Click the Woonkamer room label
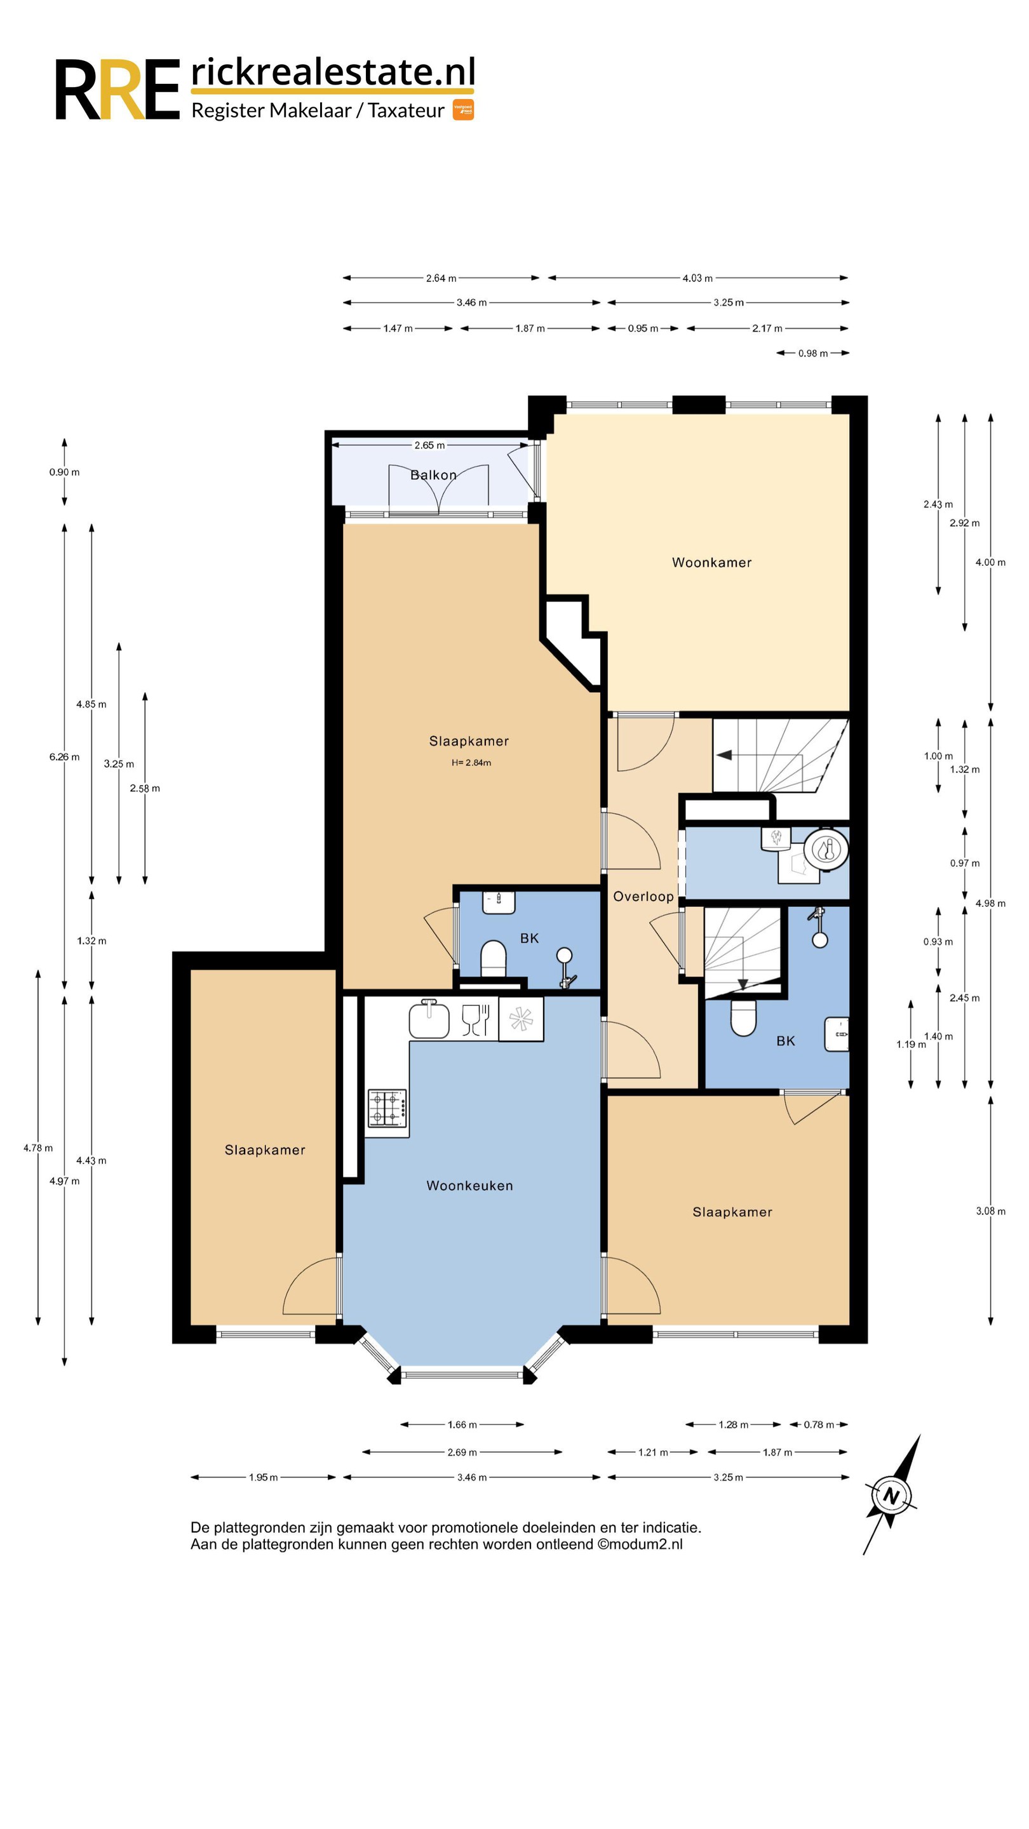pyautogui.click(x=711, y=562)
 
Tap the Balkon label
pyautogui.click(x=433, y=475)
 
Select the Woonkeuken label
pyautogui.click(x=469, y=1185)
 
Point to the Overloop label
pyautogui.click(x=643, y=896)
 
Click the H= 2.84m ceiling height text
pyautogui.click(x=471, y=763)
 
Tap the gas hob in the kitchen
pyautogui.click(x=387, y=1108)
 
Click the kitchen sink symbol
pyautogui.click(x=429, y=1019)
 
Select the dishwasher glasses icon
pyautogui.click(x=475, y=1019)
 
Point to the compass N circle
pyautogui.click(x=891, y=1497)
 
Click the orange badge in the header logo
pyautogui.click(x=463, y=110)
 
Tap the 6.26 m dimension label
pyautogui.click(x=64, y=757)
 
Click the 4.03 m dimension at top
pyautogui.click(x=697, y=278)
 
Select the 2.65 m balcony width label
pyautogui.click(x=429, y=445)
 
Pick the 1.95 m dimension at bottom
pyautogui.click(x=263, y=1478)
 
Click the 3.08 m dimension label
pyautogui.click(x=991, y=1211)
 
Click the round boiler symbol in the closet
pyautogui.click(x=826, y=849)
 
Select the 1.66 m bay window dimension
pyautogui.click(x=462, y=1424)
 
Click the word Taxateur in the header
pyautogui.click(x=407, y=111)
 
